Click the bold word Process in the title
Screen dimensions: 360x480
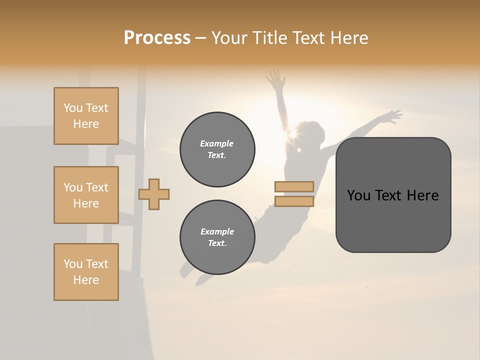(157, 38)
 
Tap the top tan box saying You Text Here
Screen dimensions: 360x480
(86, 116)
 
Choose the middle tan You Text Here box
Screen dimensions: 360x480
(86, 195)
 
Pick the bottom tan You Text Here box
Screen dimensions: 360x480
(86, 272)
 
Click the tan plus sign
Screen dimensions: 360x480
(154, 194)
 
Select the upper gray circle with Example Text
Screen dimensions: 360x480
(217, 149)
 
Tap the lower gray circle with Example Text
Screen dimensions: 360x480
(217, 237)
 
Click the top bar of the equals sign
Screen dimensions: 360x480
(294, 187)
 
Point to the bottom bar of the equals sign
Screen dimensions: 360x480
(294, 201)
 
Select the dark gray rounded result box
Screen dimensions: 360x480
(393, 195)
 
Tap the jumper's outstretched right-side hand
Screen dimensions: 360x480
(392, 116)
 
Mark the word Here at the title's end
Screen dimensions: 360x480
(349, 38)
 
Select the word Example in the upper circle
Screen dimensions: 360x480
(217, 143)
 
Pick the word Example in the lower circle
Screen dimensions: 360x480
(217, 231)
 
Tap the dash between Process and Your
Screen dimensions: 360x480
(201, 38)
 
